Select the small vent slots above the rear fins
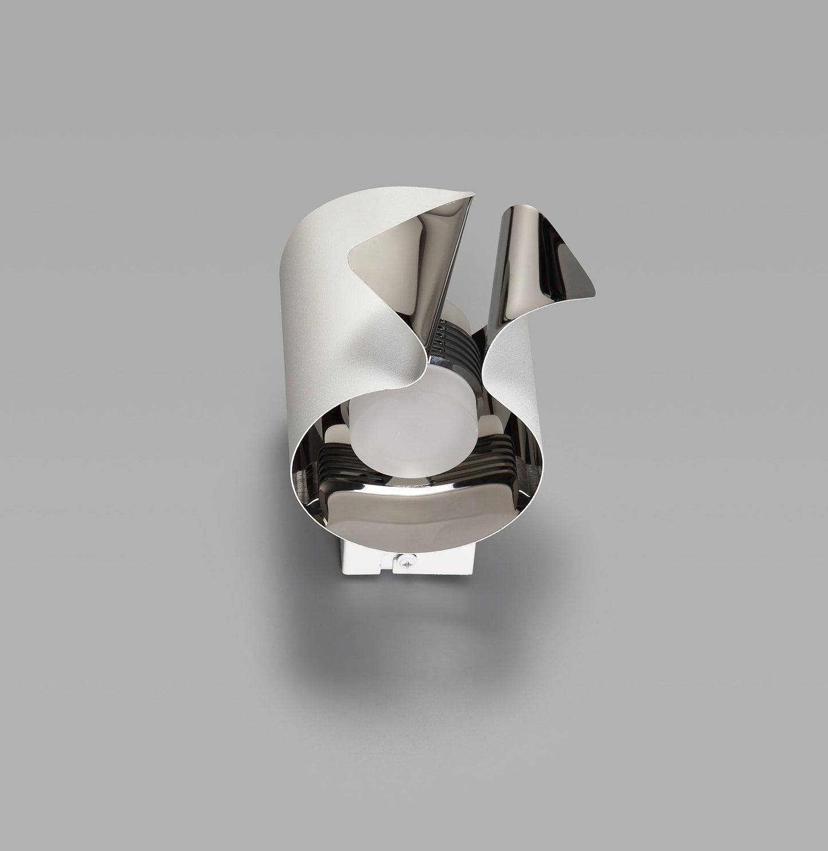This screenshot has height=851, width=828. (441, 333)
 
